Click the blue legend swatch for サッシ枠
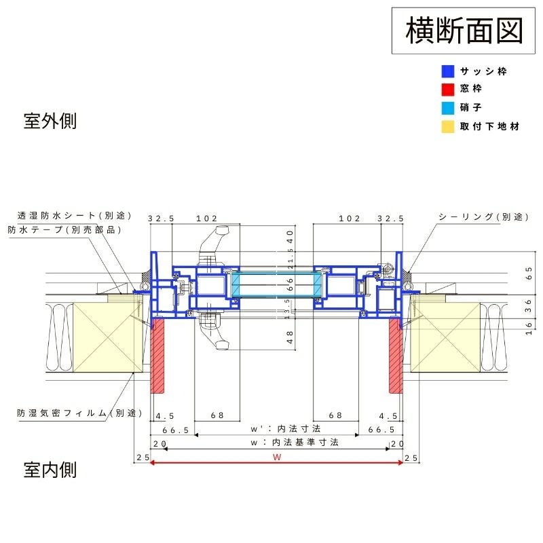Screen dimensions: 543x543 (x=447, y=71)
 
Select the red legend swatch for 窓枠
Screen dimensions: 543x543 (x=447, y=89)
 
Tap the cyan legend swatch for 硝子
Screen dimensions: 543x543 (x=447, y=108)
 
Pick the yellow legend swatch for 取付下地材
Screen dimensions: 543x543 (x=447, y=126)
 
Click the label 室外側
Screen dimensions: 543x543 (x=50, y=121)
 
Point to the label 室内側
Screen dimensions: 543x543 (x=50, y=469)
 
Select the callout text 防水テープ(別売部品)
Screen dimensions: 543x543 (x=65, y=229)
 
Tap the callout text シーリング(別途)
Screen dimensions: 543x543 (x=483, y=217)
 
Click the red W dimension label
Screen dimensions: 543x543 (x=277, y=457)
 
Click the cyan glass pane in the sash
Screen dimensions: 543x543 (x=277, y=284)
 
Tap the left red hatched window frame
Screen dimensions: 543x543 (x=158, y=356)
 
